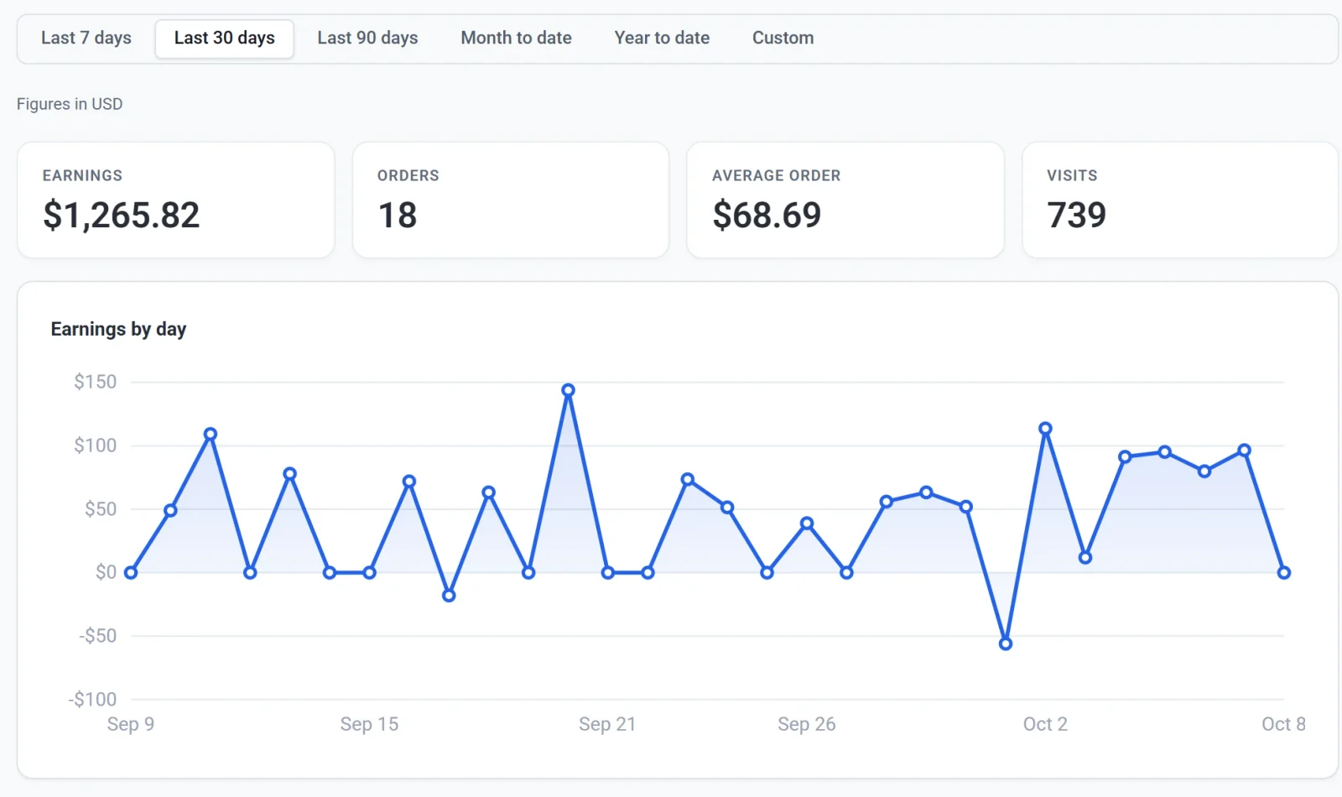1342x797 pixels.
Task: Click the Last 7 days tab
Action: pyautogui.click(x=86, y=39)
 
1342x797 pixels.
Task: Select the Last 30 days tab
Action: pyautogui.click(x=225, y=39)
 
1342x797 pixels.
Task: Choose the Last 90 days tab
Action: pyautogui.click(x=367, y=39)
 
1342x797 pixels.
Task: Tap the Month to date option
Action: pyautogui.click(x=516, y=39)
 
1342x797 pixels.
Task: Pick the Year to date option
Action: pyautogui.click(x=662, y=39)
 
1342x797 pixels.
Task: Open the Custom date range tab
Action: pyautogui.click(x=783, y=39)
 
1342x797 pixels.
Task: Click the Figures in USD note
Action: pyautogui.click(x=70, y=104)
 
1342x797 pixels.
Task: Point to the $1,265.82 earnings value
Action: pyautogui.click(x=121, y=215)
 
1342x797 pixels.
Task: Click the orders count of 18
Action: pyautogui.click(x=398, y=215)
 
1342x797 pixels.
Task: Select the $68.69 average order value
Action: pyautogui.click(x=767, y=215)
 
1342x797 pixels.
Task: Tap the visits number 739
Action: pyautogui.click(x=1076, y=215)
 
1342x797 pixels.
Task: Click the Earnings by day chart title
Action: pyautogui.click(x=118, y=329)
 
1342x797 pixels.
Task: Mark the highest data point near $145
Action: pyautogui.click(x=568, y=390)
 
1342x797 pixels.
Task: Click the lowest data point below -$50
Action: pyautogui.click(x=1006, y=643)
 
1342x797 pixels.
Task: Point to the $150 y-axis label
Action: pyautogui.click(x=96, y=382)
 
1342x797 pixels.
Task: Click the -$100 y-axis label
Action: pyautogui.click(x=92, y=700)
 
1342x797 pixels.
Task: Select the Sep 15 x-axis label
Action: pyautogui.click(x=369, y=724)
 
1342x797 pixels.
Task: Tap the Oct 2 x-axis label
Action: pyautogui.click(x=1045, y=724)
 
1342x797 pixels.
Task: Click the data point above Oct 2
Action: pyautogui.click(x=1045, y=429)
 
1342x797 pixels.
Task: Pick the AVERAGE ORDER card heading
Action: pyautogui.click(x=777, y=175)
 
